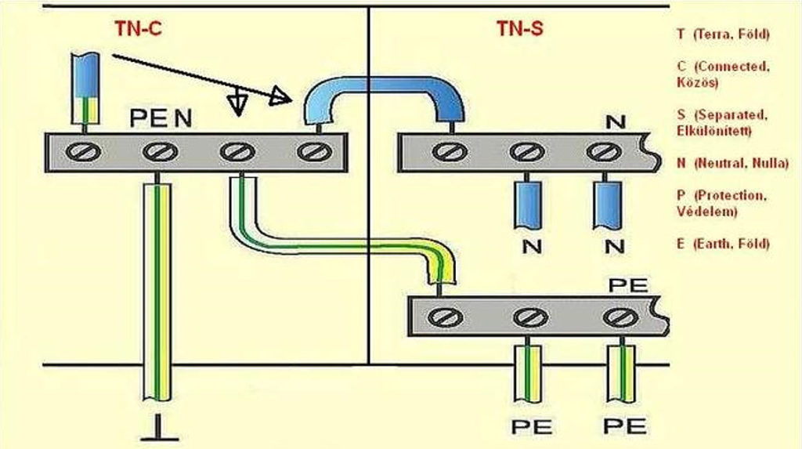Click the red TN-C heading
pyautogui.click(x=138, y=29)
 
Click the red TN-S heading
pyautogui.click(x=519, y=29)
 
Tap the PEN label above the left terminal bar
pyautogui.click(x=161, y=118)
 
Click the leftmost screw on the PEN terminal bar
pyautogui.click(x=84, y=150)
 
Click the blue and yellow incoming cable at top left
pyautogui.click(x=83, y=89)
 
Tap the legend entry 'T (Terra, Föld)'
pyautogui.click(x=723, y=34)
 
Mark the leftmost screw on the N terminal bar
pyautogui.click(x=447, y=151)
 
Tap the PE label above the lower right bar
pyautogui.click(x=627, y=284)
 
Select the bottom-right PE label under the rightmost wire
pyautogui.click(x=624, y=426)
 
